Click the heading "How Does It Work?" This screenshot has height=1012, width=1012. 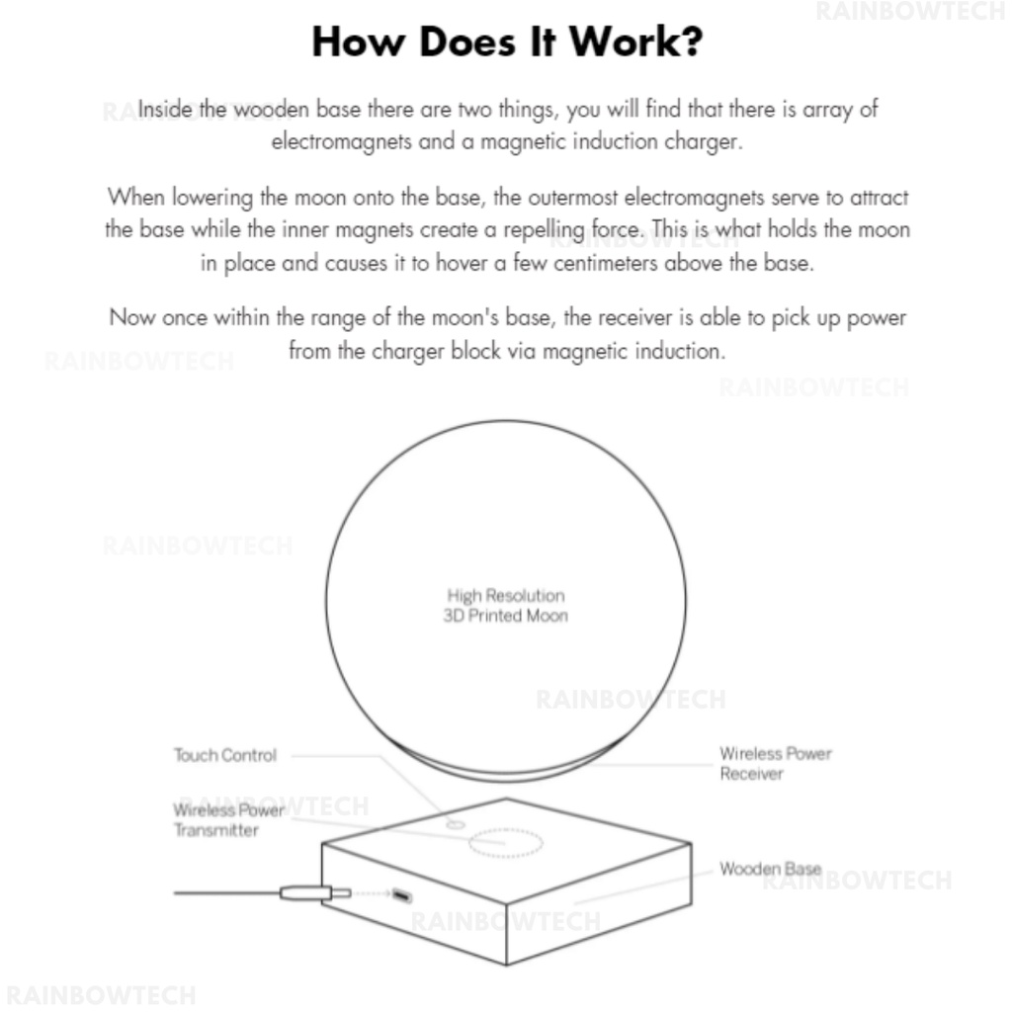coord(506,42)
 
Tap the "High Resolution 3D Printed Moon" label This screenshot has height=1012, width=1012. coord(506,605)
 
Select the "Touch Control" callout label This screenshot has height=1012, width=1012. coord(225,755)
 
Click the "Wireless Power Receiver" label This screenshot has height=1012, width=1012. coord(775,763)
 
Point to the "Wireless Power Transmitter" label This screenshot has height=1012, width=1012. coord(229,820)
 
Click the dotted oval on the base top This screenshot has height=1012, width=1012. coord(505,843)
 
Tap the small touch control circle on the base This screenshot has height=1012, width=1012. coord(455,823)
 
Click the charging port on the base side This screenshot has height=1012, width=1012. coord(401,895)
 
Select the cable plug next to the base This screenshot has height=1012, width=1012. coord(314,893)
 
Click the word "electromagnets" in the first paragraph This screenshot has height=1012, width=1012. coord(342,141)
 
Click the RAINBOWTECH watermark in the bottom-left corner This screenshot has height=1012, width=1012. coord(101,994)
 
